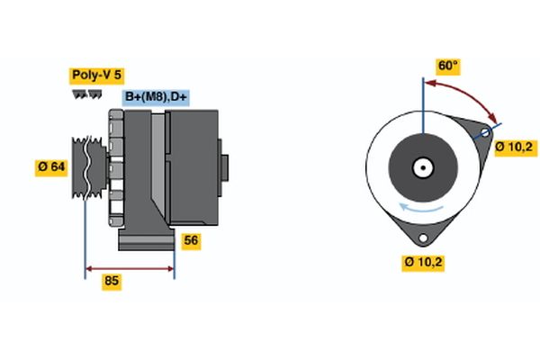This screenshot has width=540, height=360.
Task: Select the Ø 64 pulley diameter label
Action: pyautogui.click(x=51, y=166)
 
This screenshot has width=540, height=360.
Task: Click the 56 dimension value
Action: pyautogui.click(x=190, y=241)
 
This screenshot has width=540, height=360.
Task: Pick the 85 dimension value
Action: pyautogui.click(x=112, y=281)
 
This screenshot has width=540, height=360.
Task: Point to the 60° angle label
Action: pyautogui.click(x=447, y=67)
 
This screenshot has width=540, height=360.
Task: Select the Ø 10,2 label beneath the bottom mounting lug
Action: pyautogui.click(x=424, y=263)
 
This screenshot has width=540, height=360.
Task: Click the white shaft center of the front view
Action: pyautogui.click(x=421, y=167)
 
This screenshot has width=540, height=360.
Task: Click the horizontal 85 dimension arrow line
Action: pyautogui.click(x=130, y=267)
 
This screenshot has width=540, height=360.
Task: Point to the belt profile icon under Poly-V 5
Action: pyautogui.click(x=86, y=93)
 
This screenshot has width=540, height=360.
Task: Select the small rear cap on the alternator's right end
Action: pyautogui.click(x=225, y=168)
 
